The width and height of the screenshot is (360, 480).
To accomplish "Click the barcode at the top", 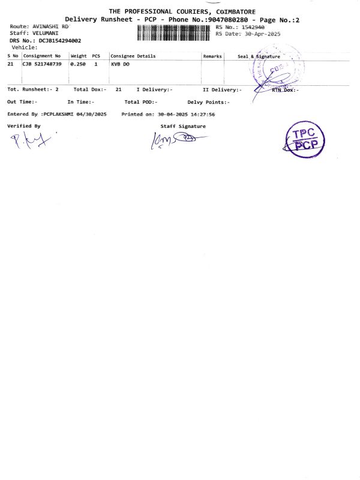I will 175,31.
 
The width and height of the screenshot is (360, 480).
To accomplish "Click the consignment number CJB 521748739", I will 42,64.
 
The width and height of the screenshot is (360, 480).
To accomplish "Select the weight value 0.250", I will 79,64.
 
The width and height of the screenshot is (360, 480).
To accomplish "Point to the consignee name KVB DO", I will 120,64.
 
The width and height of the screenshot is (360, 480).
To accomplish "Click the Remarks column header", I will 212,56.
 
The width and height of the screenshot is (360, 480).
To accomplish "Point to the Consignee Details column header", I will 133,56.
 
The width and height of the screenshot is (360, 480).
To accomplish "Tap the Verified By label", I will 24,126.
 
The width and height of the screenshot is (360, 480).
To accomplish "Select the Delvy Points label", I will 208,102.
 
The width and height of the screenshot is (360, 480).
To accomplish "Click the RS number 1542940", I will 253,27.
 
